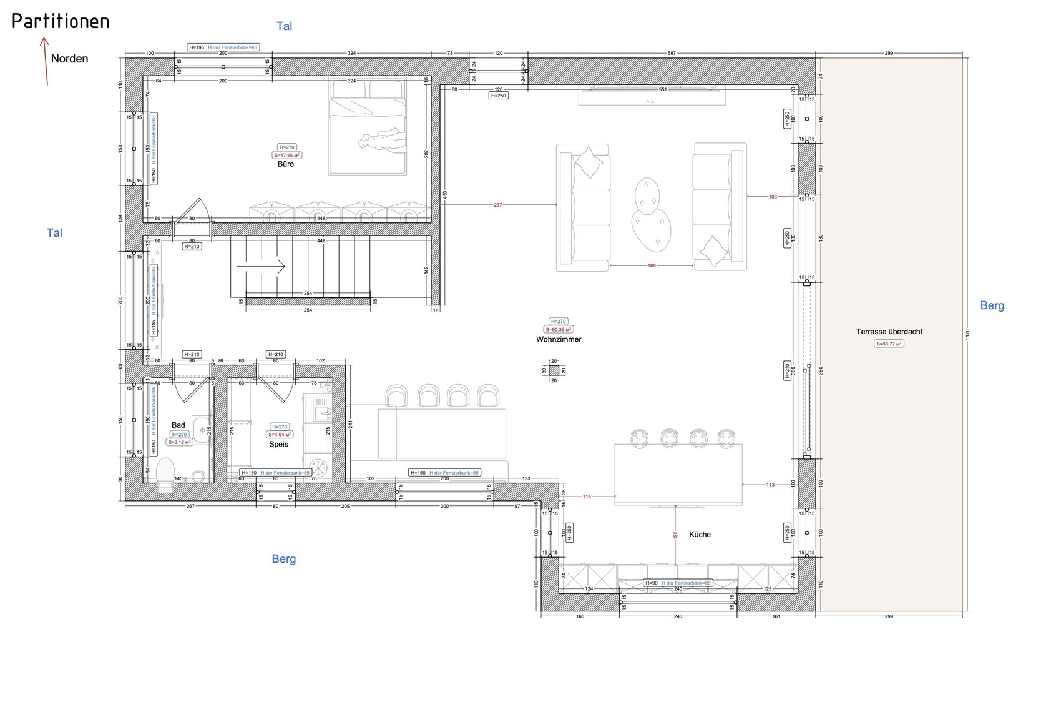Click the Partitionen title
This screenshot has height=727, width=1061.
point(61,21)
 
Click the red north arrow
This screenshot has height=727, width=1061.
point(45,61)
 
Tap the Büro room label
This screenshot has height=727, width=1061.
point(286,164)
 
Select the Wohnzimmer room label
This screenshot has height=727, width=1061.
point(559,339)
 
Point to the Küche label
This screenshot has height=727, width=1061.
point(700,534)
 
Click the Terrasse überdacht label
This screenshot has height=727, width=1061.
point(889,332)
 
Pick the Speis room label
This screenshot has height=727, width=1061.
point(278,444)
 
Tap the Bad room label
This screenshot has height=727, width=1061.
point(178,425)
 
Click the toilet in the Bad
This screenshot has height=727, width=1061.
point(165,474)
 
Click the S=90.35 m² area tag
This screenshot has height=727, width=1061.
point(559,330)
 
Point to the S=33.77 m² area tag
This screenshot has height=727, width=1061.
point(889,344)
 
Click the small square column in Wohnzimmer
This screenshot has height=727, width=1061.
point(554,370)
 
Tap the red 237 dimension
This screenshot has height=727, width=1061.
point(497,205)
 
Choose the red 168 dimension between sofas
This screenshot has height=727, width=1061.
point(652,265)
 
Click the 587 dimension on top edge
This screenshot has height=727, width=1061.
point(672,54)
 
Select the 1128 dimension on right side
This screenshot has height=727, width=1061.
point(967,335)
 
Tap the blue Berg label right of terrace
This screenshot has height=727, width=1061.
point(992,305)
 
